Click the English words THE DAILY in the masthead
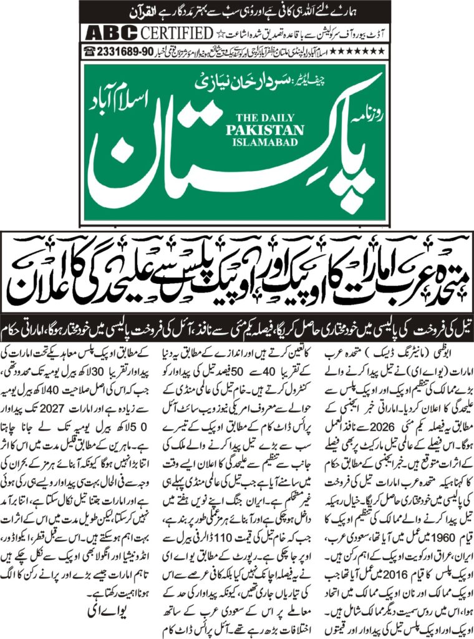pos(269,117)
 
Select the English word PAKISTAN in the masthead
pos(269,130)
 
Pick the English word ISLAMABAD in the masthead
pos(269,142)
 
